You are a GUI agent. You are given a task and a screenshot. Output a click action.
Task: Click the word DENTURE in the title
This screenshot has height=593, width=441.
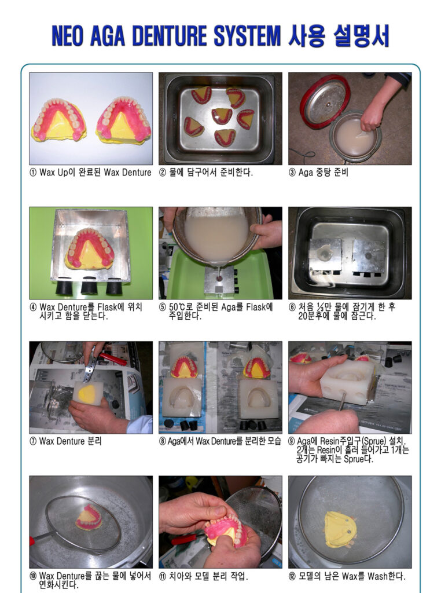[x=170, y=36]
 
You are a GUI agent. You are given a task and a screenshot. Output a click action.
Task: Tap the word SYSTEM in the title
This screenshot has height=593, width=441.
[x=247, y=36]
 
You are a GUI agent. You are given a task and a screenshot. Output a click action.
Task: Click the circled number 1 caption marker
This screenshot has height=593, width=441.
[x=33, y=173]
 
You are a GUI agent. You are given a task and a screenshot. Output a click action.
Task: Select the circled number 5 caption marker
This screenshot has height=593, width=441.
[x=163, y=308]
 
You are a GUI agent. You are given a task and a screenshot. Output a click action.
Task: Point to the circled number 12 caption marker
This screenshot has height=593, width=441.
[x=292, y=576]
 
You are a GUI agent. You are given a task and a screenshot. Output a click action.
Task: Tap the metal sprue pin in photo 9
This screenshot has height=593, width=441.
[x=341, y=401]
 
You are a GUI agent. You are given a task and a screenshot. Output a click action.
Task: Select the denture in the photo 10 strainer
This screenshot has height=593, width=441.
[x=89, y=517]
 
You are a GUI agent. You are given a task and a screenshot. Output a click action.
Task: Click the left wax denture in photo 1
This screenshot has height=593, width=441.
[x=59, y=120]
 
